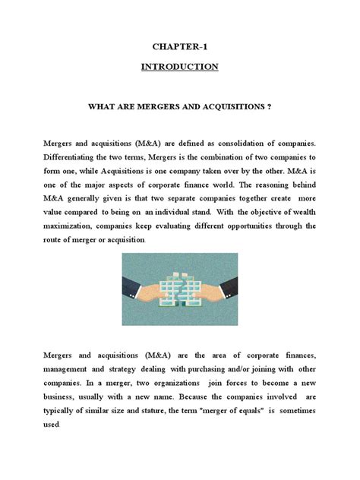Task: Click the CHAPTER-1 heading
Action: coord(180,46)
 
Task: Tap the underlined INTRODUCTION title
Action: coord(180,67)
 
